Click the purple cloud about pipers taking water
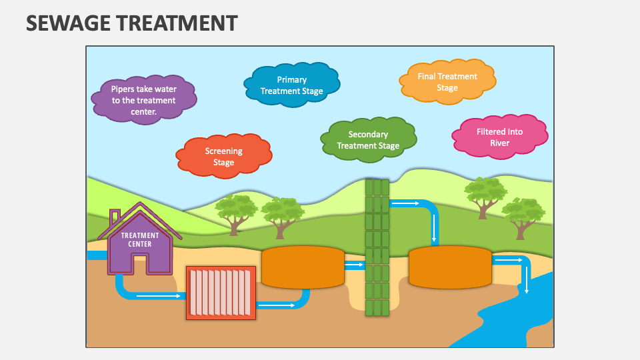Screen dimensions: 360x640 tap(143, 100)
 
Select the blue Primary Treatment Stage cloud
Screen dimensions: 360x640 tap(291, 85)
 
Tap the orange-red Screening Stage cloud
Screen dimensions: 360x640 tap(223, 157)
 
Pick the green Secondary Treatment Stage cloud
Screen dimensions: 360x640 tap(368, 140)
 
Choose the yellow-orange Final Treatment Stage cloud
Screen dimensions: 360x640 tap(447, 81)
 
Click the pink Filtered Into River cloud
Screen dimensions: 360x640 tap(499, 137)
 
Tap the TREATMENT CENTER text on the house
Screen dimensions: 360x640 tap(139, 239)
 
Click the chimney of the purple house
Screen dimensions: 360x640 tap(115, 217)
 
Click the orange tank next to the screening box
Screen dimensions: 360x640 tap(303, 267)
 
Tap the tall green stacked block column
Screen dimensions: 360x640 tap(377, 247)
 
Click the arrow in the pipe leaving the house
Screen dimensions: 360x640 tap(159, 295)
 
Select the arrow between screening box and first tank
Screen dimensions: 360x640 tap(277, 305)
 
